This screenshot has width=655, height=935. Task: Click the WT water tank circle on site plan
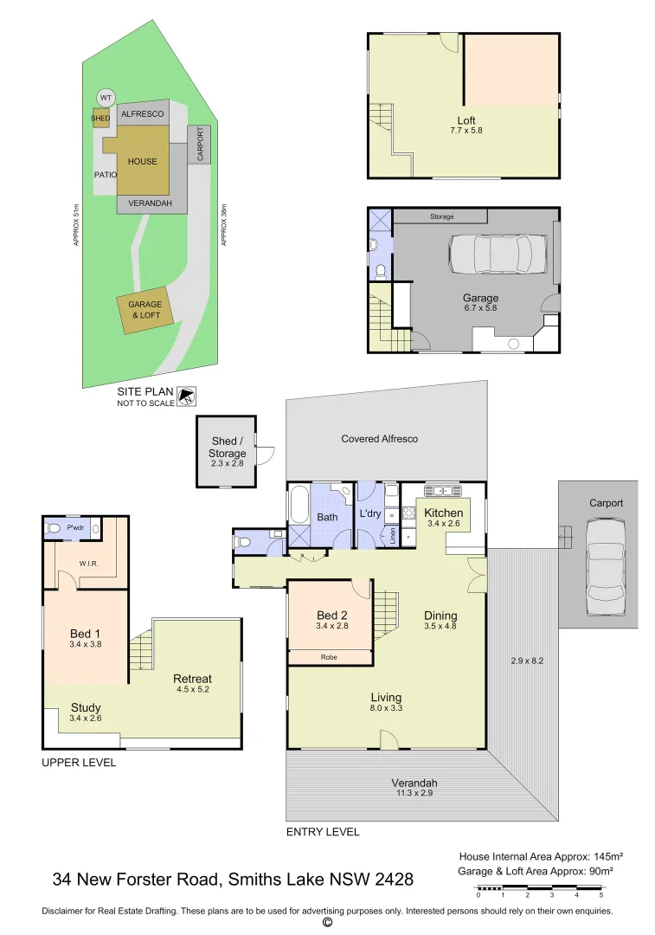click(106, 97)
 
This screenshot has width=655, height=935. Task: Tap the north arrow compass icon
click(186, 397)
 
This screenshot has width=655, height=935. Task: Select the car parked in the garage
click(491, 255)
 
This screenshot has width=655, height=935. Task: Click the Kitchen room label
click(444, 513)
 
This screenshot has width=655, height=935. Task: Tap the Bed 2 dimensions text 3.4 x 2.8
click(332, 626)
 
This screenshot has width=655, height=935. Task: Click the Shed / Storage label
click(228, 447)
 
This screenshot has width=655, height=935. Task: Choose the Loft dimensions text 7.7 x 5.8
click(466, 131)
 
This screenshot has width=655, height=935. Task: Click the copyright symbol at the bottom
click(327, 923)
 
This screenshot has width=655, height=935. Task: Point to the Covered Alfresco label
click(379, 439)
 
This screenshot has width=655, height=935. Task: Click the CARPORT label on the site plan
click(200, 145)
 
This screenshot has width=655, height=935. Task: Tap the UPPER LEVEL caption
click(79, 763)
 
